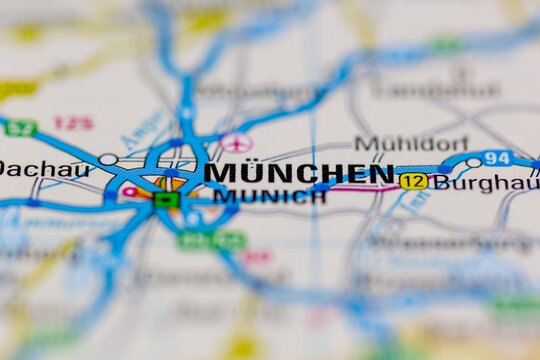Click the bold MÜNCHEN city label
[300, 173]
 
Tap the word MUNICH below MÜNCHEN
[269, 197]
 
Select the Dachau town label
[44, 169]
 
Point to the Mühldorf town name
[411, 143]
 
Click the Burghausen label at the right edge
[487, 183]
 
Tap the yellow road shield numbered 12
[413, 181]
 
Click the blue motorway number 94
[497, 158]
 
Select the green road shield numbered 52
[20, 128]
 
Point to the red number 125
[73, 123]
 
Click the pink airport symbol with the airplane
[235, 142]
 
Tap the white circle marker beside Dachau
[108, 159]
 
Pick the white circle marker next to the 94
[473, 162]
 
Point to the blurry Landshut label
[434, 90]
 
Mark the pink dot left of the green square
[129, 191]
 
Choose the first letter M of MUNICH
[222, 197]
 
